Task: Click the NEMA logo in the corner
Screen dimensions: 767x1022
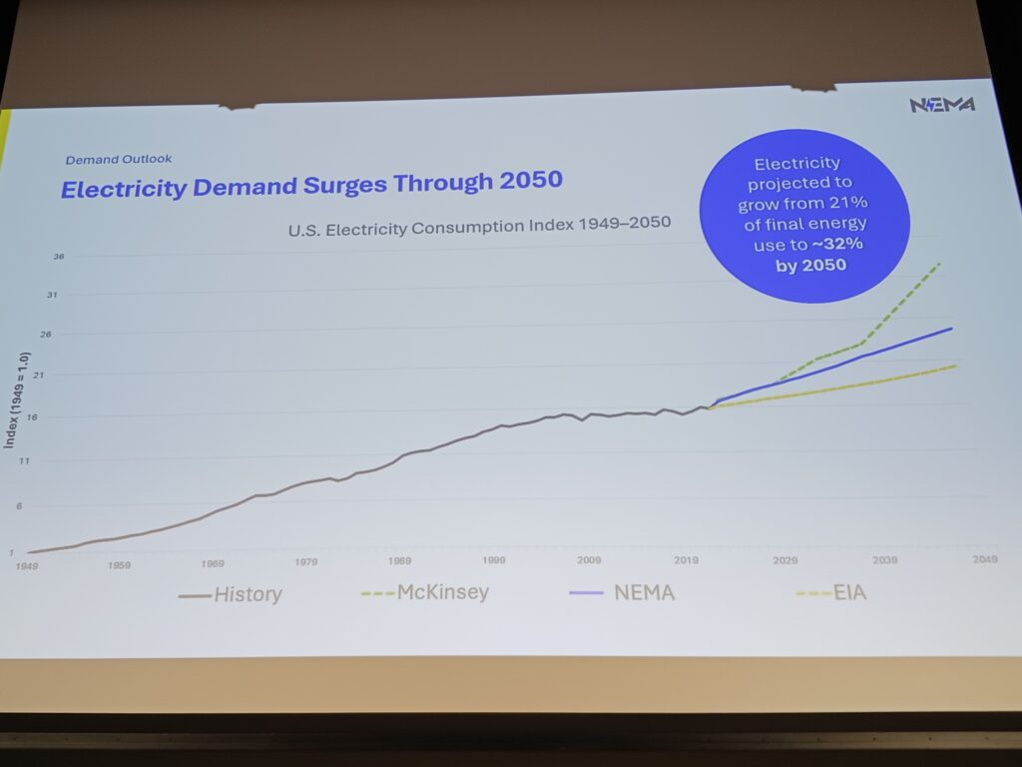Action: [941, 105]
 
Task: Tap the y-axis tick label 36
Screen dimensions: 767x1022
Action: [59, 257]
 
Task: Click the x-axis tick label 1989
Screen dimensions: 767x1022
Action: [400, 561]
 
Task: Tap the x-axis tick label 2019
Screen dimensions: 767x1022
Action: [686, 559]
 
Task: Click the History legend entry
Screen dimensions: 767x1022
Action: [231, 595]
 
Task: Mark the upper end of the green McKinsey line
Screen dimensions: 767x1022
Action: [941, 263]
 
